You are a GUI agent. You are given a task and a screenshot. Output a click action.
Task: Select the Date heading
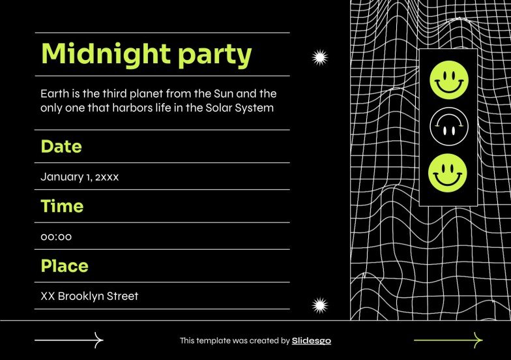(x=61, y=146)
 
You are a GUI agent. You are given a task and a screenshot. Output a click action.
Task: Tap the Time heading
(x=62, y=206)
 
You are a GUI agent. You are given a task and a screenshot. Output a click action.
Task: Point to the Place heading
(x=65, y=266)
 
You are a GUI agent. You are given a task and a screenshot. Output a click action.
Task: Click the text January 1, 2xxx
(x=80, y=176)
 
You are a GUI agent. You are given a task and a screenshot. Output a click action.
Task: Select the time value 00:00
(x=56, y=237)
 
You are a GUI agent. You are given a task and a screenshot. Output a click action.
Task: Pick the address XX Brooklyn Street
(x=89, y=296)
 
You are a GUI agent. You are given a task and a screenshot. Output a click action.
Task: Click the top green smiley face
(x=448, y=80)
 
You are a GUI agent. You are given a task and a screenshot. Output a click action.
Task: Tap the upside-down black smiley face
(x=448, y=127)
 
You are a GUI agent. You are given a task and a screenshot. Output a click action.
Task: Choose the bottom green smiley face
(x=448, y=173)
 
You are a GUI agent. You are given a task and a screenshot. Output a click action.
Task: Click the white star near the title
(x=319, y=58)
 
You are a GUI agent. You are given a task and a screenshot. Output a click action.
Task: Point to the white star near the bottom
(x=319, y=305)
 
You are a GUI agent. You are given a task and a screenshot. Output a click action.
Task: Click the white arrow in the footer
(x=69, y=340)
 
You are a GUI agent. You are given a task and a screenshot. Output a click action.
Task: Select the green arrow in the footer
(x=448, y=340)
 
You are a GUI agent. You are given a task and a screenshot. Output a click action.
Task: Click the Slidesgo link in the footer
(x=312, y=340)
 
